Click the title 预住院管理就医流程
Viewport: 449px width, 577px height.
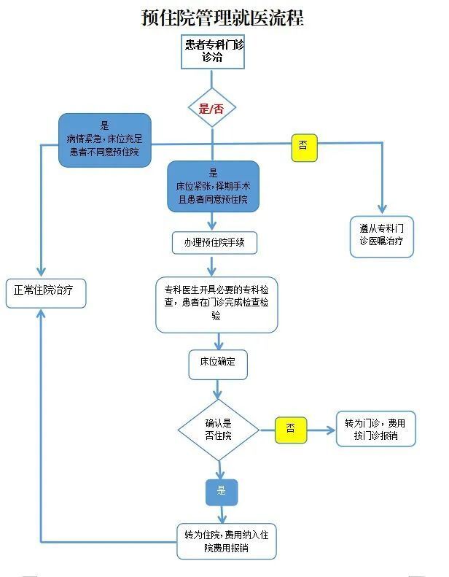[x=222, y=17]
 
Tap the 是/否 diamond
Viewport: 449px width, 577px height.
[x=212, y=109]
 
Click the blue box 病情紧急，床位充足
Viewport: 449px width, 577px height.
[x=105, y=139]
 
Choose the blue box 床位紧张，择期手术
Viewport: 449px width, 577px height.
[x=213, y=186]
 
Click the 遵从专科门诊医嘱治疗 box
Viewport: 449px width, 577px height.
[x=381, y=236]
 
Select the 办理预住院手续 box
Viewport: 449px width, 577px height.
[x=215, y=242]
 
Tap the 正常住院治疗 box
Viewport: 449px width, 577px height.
[x=47, y=293]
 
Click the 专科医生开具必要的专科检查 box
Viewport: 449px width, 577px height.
[x=216, y=304]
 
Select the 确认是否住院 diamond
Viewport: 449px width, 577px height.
[x=218, y=430]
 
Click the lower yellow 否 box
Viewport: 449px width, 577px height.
[x=290, y=430]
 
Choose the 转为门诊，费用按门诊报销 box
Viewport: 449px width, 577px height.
[x=375, y=430]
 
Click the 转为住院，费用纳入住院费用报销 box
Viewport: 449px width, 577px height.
[x=227, y=541]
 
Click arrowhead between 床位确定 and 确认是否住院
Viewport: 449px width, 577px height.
[x=218, y=394]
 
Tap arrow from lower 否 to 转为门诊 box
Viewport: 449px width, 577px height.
[x=321, y=430]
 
